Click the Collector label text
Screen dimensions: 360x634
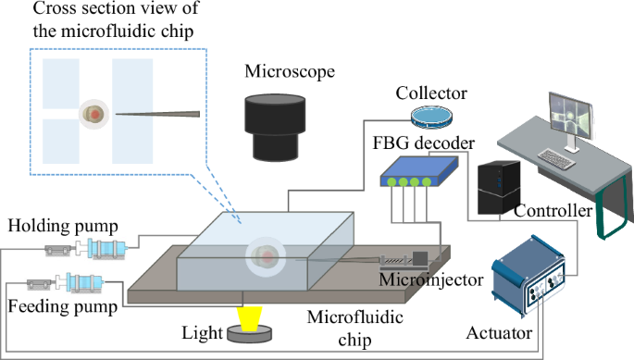tap(430, 93)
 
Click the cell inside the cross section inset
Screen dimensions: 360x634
tap(93, 115)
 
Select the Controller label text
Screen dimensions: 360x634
tap(553, 212)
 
